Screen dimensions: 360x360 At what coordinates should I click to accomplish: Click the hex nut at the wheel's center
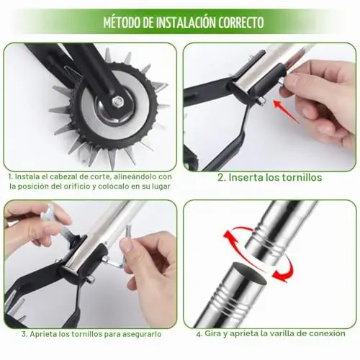click(117, 102)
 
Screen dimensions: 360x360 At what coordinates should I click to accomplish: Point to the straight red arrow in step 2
click(286, 112)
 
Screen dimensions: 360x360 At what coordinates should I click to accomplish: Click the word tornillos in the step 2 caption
click(302, 177)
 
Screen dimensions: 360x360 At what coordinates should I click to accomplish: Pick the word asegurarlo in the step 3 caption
click(142, 335)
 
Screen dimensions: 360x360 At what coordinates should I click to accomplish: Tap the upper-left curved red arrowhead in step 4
click(229, 237)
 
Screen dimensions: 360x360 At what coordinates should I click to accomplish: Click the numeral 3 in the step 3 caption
click(24, 334)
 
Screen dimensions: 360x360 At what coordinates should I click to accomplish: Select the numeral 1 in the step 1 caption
click(10, 176)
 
